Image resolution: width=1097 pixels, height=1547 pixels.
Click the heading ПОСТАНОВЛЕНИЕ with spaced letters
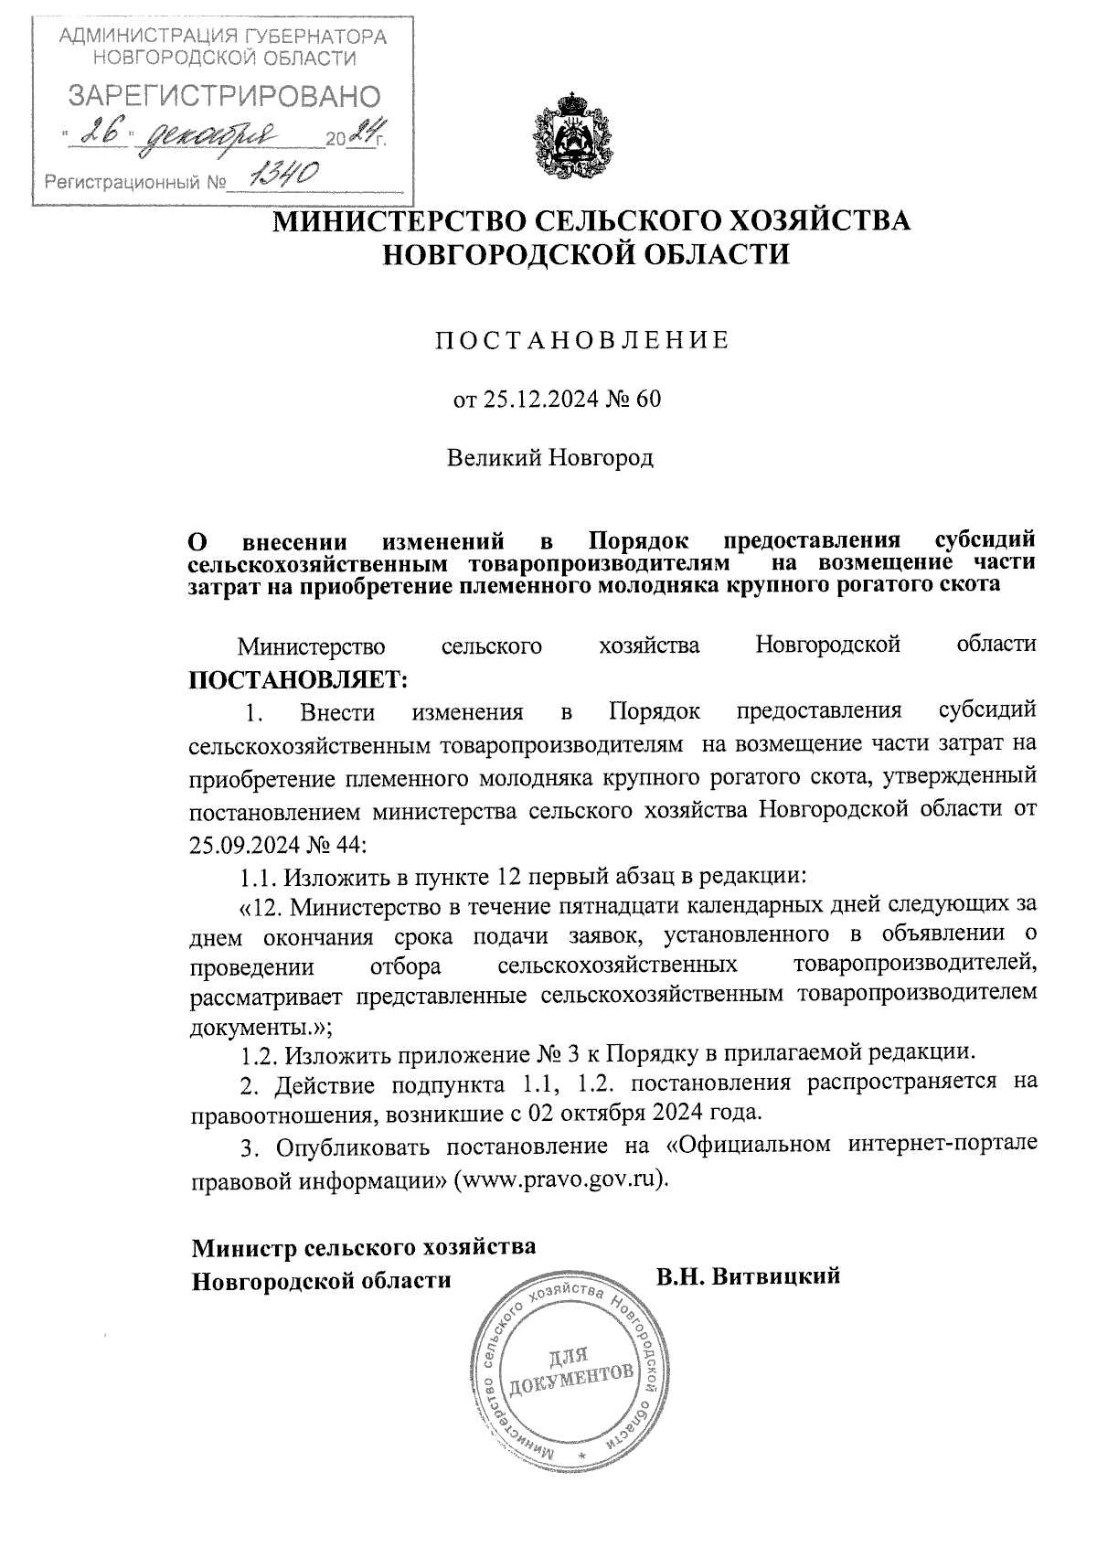(582, 341)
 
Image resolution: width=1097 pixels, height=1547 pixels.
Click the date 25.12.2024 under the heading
(531, 400)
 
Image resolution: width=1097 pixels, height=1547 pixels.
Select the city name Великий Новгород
(549, 457)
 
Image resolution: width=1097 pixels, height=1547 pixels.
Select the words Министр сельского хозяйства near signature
(364, 1247)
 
